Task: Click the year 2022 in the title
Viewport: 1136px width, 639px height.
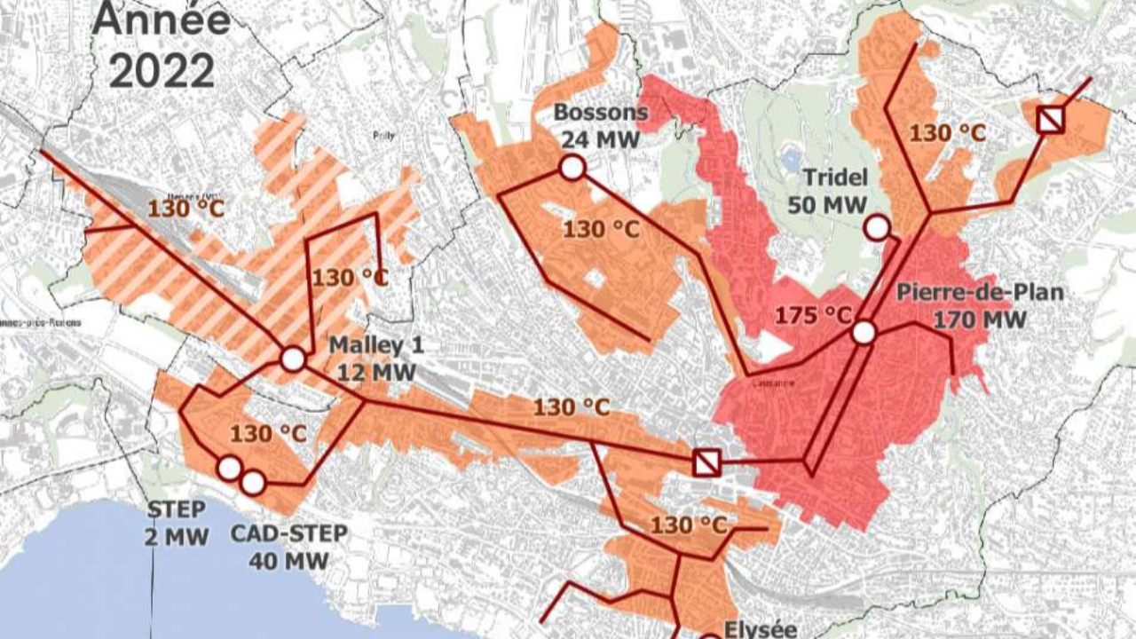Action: click(162, 69)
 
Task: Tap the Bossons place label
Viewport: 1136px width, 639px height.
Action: click(600, 113)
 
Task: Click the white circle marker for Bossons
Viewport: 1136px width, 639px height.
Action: click(572, 167)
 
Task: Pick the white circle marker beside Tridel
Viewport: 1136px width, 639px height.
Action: click(877, 228)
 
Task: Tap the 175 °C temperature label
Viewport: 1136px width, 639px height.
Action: click(813, 315)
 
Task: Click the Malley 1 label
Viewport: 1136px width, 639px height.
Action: click(375, 344)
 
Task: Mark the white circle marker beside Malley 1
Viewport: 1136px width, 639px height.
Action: click(293, 359)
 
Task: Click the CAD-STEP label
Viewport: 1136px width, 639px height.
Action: click(289, 533)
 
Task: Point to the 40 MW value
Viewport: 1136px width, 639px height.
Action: click(289, 560)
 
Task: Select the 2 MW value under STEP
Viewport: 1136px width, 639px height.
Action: click(177, 536)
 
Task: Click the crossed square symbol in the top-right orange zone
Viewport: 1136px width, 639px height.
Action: click(1051, 119)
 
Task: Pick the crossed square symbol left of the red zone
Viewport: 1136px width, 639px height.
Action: click(706, 462)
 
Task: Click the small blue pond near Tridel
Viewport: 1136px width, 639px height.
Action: click(789, 160)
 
